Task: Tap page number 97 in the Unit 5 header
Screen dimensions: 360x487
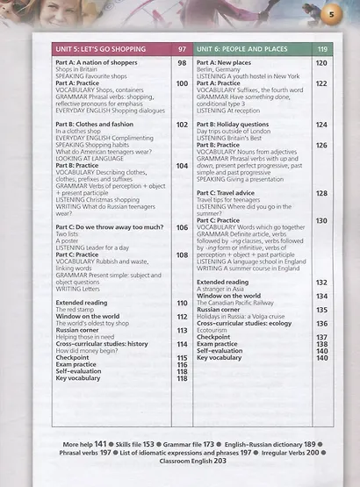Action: click(x=182, y=50)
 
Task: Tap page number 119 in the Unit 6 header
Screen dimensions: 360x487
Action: click(x=322, y=50)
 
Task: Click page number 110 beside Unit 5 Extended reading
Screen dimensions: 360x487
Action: click(x=182, y=303)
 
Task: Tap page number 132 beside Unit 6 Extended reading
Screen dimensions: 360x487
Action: click(x=322, y=283)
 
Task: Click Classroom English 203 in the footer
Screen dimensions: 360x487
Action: click(x=182, y=461)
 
